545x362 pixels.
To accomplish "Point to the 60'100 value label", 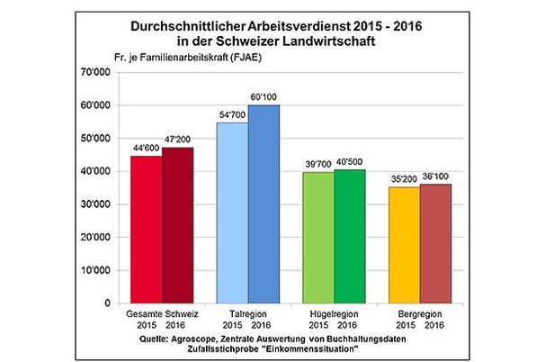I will click(264, 96).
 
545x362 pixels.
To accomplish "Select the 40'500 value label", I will click(350, 162).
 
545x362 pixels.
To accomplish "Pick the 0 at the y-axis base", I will click(106, 303).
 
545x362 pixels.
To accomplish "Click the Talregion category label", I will click(247, 314).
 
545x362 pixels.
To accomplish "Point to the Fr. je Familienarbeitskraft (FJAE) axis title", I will click(181, 56).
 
